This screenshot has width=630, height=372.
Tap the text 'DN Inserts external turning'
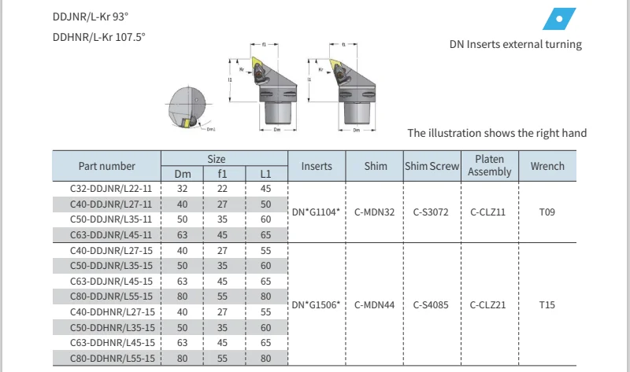pyautogui.click(x=516, y=45)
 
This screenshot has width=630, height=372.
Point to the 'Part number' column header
pyautogui.click(x=106, y=166)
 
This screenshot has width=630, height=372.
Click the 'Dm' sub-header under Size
pyautogui.click(x=182, y=174)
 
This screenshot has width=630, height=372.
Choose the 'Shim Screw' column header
pyautogui.click(x=432, y=166)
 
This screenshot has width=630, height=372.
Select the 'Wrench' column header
pyautogui.click(x=547, y=166)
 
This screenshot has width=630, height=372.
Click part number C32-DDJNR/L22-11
pyautogui.click(x=106, y=189)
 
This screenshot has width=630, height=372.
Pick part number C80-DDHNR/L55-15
pyautogui.click(x=106, y=357)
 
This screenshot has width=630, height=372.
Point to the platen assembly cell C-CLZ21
pyautogui.click(x=489, y=304)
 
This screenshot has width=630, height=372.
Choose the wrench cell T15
pyautogui.click(x=547, y=304)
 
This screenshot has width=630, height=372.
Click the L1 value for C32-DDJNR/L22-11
pyautogui.click(x=265, y=189)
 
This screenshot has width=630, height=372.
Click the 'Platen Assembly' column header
pyautogui.click(x=489, y=166)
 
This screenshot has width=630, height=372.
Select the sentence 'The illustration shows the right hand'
pyautogui.click(x=497, y=133)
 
